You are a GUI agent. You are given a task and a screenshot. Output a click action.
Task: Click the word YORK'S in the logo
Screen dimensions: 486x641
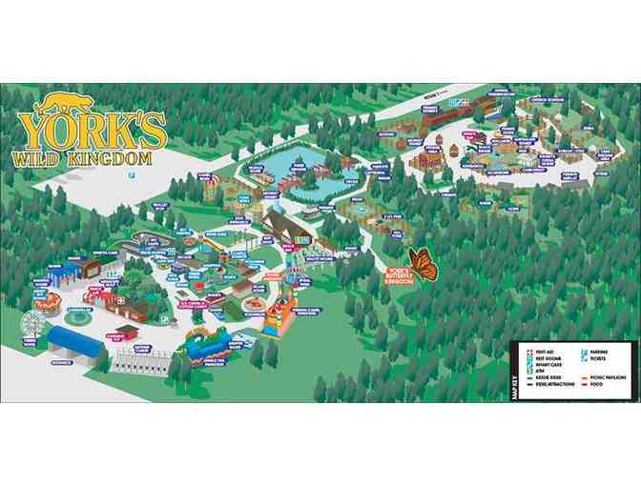93,128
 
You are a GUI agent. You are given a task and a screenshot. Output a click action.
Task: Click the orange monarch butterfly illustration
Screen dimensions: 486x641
423,263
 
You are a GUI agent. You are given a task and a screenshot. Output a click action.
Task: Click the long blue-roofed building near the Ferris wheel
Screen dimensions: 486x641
75,338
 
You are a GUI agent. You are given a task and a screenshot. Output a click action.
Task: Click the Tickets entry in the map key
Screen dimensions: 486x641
600,359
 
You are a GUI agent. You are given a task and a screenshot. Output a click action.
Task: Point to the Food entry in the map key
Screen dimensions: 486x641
596,385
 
